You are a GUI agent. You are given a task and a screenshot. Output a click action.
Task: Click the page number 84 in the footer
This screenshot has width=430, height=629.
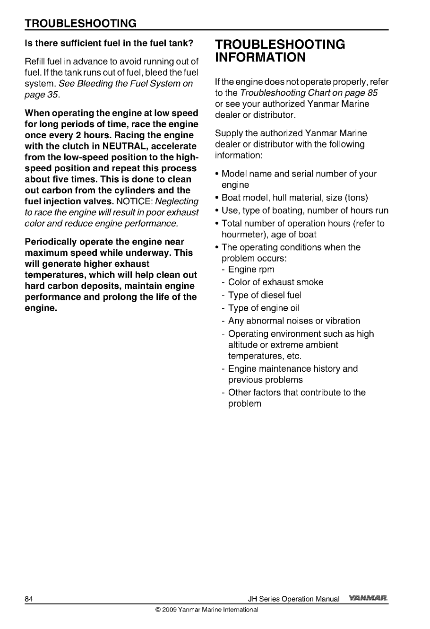click(x=28, y=599)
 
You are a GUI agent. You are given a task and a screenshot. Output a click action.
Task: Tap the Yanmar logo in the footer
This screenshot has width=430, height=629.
click(x=368, y=599)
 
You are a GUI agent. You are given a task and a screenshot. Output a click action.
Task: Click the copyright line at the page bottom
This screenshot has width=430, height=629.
click(x=206, y=610)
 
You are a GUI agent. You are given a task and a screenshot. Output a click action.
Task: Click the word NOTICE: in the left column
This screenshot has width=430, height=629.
click(x=133, y=201)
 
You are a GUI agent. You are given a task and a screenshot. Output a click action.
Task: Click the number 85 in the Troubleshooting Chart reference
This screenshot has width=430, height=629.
click(x=372, y=93)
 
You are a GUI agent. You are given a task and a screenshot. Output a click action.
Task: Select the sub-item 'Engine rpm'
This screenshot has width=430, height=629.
click(x=251, y=270)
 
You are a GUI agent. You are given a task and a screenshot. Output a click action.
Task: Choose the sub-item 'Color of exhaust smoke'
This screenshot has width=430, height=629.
click(x=275, y=282)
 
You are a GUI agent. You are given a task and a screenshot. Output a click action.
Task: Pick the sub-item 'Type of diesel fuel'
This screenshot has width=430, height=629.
click(x=265, y=295)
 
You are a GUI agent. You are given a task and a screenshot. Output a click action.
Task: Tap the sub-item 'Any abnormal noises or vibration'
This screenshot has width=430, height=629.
click(x=294, y=321)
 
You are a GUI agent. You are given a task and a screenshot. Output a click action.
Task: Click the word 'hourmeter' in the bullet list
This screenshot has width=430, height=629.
click(x=244, y=235)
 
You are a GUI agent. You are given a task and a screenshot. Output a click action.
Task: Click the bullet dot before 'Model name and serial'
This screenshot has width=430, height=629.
click(x=216, y=174)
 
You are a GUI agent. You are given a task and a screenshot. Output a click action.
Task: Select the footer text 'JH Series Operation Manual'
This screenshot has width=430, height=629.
click(x=293, y=599)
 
